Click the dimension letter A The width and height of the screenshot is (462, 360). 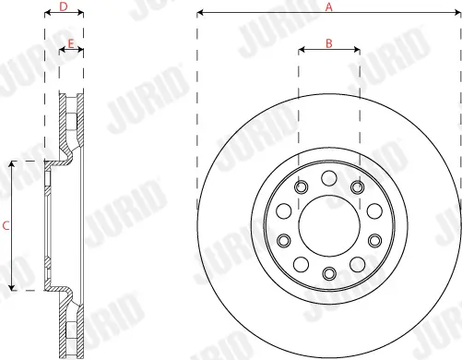[329, 6]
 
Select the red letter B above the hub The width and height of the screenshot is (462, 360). [328, 42]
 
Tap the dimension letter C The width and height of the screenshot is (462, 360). [6, 224]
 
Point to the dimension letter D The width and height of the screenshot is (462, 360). [63, 6]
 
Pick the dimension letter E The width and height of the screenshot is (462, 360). [71, 42]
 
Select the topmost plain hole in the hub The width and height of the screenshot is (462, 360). [329, 177]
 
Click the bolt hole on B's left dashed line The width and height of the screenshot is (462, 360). [300, 187]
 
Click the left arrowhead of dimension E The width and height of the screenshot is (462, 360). [63, 51]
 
